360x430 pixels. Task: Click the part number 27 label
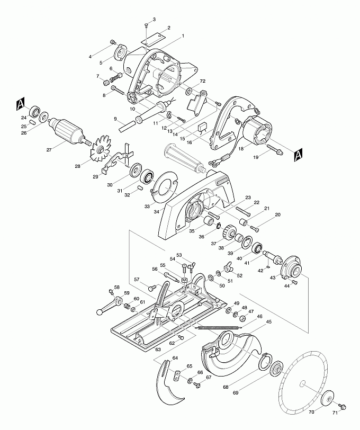click(x=49, y=150)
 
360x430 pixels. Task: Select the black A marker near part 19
click(x=298, y=156)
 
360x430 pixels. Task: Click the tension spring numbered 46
click(x=218, y=327)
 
